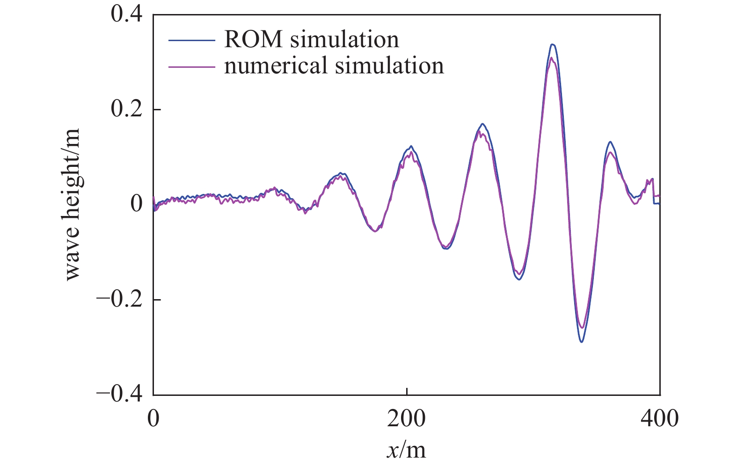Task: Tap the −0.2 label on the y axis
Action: (120, 299)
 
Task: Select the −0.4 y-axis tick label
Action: (120, 394)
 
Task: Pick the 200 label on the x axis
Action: (406, 418)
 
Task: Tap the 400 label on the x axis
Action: (659, 418)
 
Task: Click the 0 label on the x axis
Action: (153, 418)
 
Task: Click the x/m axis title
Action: (406, 450)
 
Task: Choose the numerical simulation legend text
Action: (334, 65)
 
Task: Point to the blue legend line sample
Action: (192, 40)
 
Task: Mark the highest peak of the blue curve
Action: (553, 44)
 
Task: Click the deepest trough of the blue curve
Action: (582, 342)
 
